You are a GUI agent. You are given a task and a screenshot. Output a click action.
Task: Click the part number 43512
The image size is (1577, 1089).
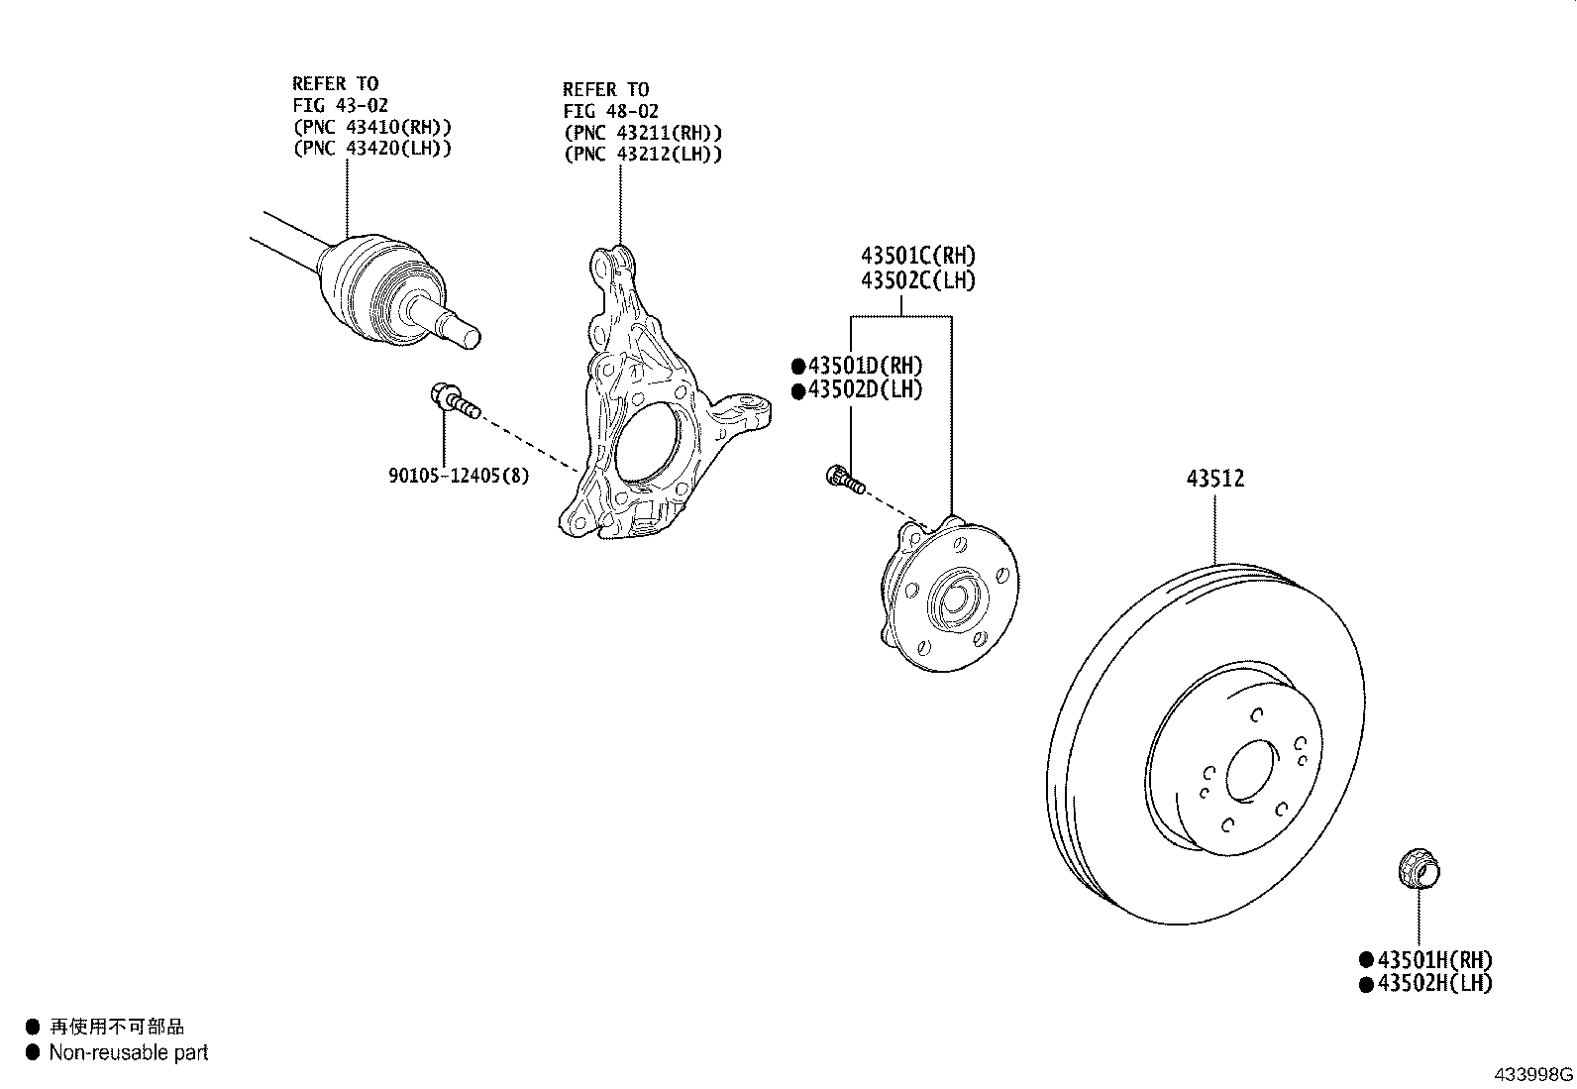pos(1215,479)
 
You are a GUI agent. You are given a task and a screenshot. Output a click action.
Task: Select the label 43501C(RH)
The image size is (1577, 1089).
pos(918,255)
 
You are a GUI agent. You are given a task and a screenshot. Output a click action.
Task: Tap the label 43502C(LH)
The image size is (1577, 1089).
pos(918,280)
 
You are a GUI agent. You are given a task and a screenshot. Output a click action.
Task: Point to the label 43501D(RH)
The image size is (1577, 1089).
pos(865,366)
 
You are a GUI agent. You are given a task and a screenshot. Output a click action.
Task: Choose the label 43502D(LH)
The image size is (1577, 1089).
pos(865,389)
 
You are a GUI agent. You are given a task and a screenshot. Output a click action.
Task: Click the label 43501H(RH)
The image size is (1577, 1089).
pos(1434,959)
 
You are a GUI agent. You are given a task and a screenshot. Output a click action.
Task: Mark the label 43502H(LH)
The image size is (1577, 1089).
pos(1434,983)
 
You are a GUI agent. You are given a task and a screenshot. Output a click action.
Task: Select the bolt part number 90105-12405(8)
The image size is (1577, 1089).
pos(459,476)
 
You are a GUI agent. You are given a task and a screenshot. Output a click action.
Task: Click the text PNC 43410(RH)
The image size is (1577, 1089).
pos(372,127)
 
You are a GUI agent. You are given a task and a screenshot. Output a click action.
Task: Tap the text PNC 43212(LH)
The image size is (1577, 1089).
pos(644,154)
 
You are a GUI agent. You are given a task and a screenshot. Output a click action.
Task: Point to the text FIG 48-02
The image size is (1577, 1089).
pos(610,111)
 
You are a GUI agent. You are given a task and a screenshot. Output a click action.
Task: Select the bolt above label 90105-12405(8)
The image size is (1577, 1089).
pos(456,400)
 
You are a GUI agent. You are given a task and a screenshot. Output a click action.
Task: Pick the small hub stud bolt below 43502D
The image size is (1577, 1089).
pos(845,480)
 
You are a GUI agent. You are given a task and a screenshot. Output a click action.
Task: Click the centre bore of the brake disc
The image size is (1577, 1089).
pos(1250,770)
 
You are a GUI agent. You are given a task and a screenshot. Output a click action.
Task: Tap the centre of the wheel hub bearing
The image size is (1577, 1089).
pos(955,599)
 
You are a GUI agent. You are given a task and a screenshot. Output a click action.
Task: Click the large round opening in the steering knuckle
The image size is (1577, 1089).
pos(649,444)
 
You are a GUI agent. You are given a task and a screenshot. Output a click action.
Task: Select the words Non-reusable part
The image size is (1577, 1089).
pos(129,1052)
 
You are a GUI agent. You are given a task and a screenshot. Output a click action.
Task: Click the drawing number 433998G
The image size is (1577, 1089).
pos(1533,1074)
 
